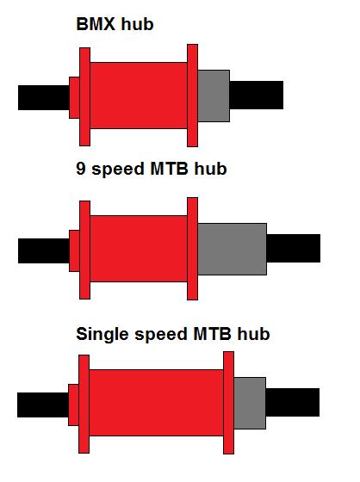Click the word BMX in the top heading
coord(96,24)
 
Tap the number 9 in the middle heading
coord(80,168)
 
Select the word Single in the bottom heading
coord(102,335)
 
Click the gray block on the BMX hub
coord(214,96)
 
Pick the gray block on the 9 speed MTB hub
coord(232,249)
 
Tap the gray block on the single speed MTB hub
coord(250,403)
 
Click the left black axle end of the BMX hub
coord(44,98)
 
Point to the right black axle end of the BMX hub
coord(257,95)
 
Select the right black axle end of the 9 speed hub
coord(293,249)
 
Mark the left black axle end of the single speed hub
coord(43,405)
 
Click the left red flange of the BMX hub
coord(84,96)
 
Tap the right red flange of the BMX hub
coord(192,96)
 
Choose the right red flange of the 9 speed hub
coord(192,249)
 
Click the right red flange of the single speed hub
coord(228,403)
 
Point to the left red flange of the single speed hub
coord(84,404)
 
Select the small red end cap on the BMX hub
coord(74,98)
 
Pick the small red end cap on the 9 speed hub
coord(74,250)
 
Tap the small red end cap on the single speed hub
coord(73,405)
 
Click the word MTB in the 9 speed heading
coord(169,168)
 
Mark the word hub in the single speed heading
coord(253,333)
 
